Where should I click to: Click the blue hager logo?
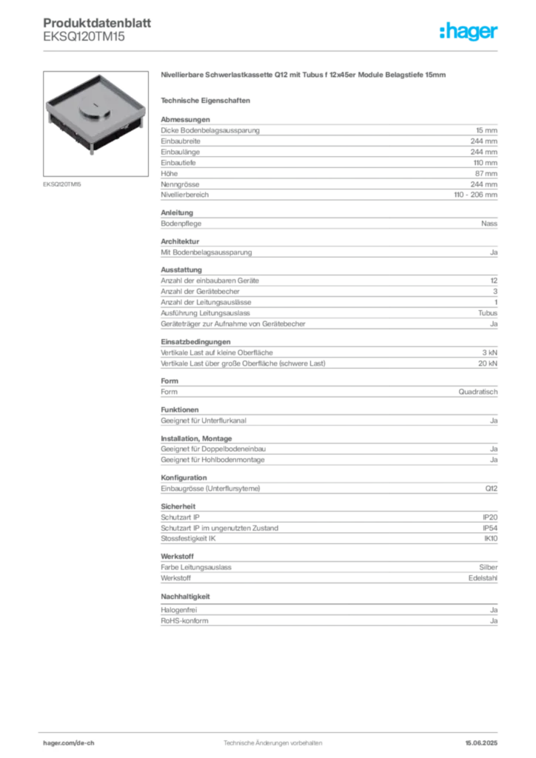pos(469,32)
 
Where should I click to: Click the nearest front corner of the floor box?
pos(93,152)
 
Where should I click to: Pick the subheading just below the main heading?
pos(208,100)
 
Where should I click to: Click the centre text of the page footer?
pos(270,738)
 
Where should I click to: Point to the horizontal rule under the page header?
pos(272,50)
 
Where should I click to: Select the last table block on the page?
pos(328,615)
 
